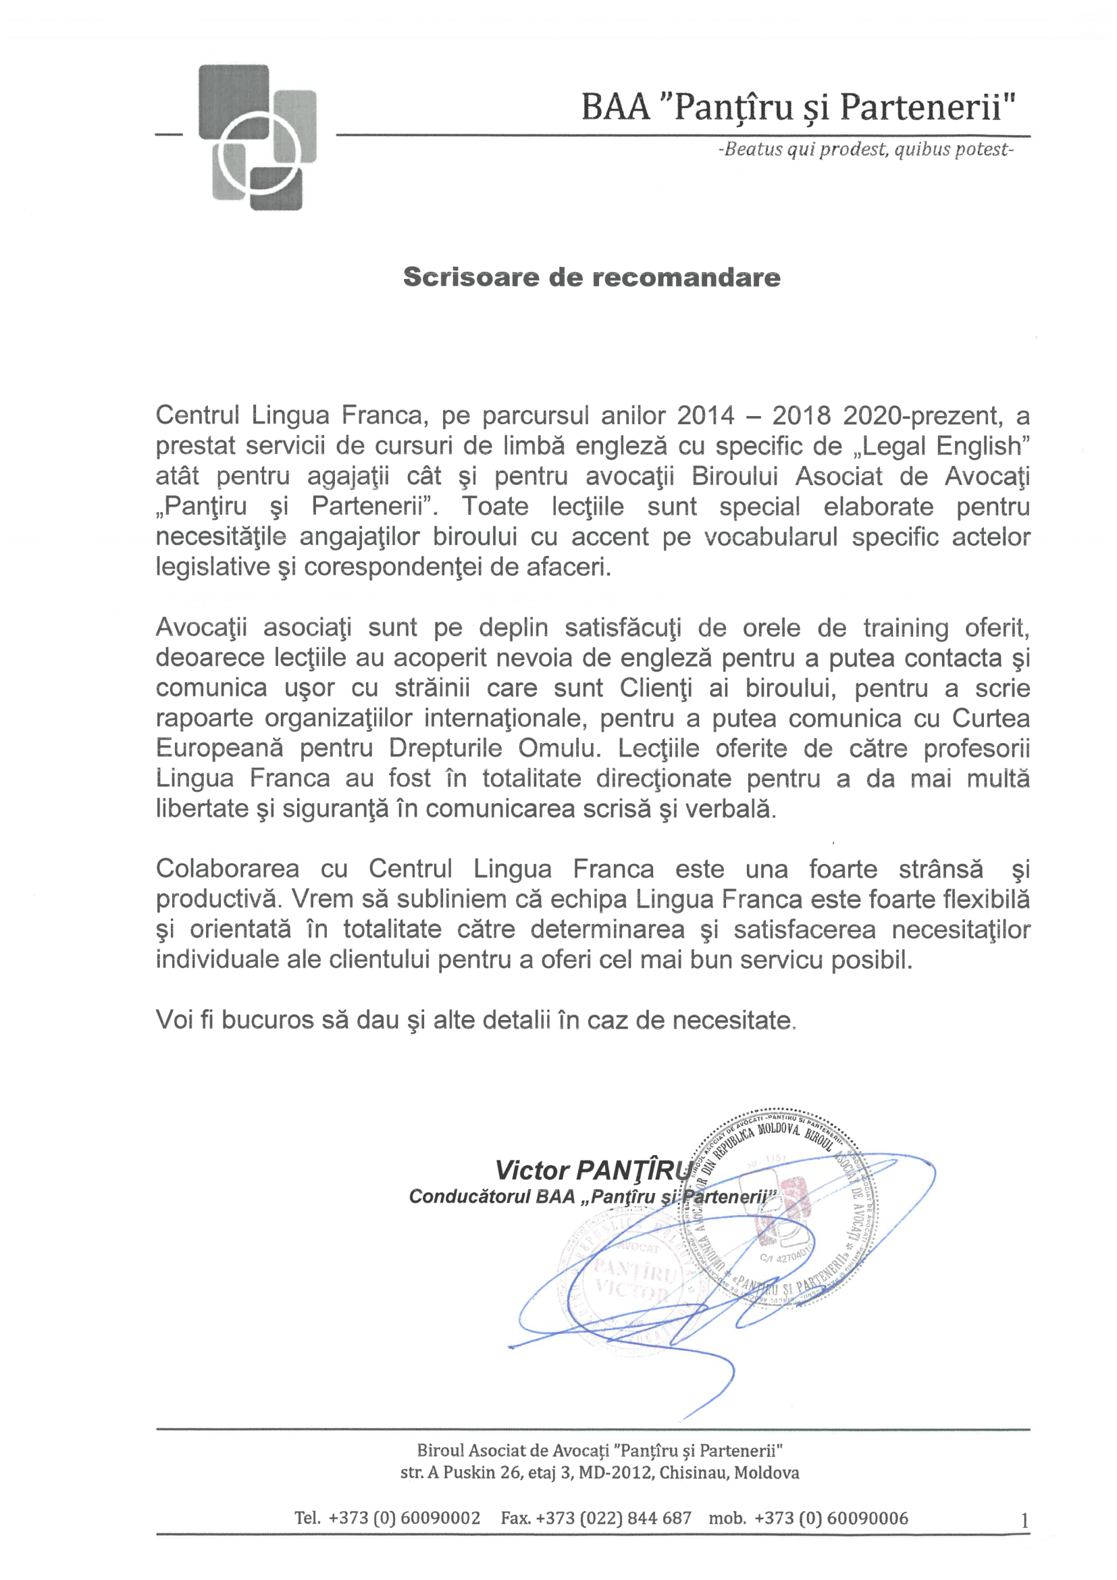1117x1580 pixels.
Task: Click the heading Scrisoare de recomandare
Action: pos(592,278)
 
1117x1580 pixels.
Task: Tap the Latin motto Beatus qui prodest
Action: pos(865,149)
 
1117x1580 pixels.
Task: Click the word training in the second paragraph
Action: pos(906,628)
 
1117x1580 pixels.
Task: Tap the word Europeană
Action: pos(219,748)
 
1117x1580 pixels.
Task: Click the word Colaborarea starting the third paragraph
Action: pos(227,869)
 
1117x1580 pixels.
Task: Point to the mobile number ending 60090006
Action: pos(831,1518)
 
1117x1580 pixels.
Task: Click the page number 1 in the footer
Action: pos(1024,1521)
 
